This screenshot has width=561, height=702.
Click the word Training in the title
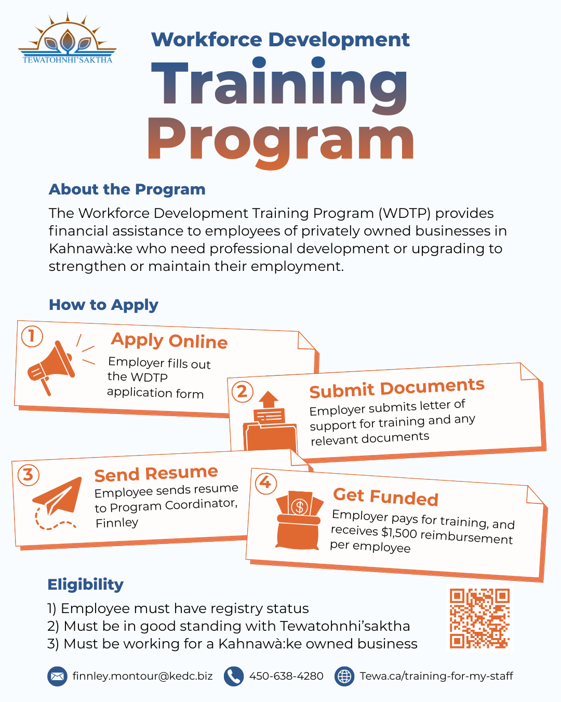pyautogui.click(x=279, y=85)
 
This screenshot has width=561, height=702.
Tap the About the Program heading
pyautogui.click(x=127, y=189)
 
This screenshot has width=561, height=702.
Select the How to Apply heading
pyautogui.click(x=103, y=305)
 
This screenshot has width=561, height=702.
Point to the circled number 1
pyautogui.click(x=32, y=336)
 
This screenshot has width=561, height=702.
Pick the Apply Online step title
pyautogui.click(x=169, y=341)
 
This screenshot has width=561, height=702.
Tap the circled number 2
pyautogui.click(x=242, y=392)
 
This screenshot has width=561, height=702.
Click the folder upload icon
pyautogui.click(x=270, y=421)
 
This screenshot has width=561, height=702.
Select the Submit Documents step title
pyautogui.click(x=397, y=388)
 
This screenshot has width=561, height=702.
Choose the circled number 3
pyautogui.click(x=29, y=475)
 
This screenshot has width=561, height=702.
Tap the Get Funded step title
pyautogui.click(x=385, y=497)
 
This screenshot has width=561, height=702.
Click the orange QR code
pyautogui.click(x=479, y=618)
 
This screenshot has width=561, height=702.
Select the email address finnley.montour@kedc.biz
pyautogui.click(x=142, y=676)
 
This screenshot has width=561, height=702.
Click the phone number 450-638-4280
pyautogui.click(x=286, y=676)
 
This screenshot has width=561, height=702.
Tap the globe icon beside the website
pyautogui.click(x=344, y=676)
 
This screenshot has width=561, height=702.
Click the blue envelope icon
pyautogui.click(x=57, y=676)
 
